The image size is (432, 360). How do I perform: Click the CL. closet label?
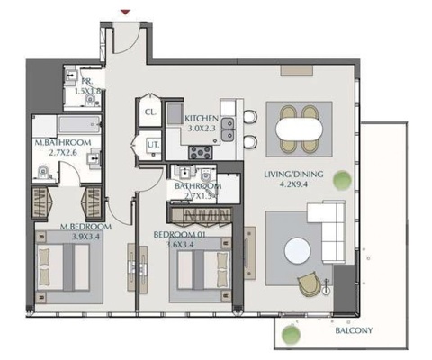pos(150,112)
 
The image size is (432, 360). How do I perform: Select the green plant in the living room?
pos(341,180)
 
